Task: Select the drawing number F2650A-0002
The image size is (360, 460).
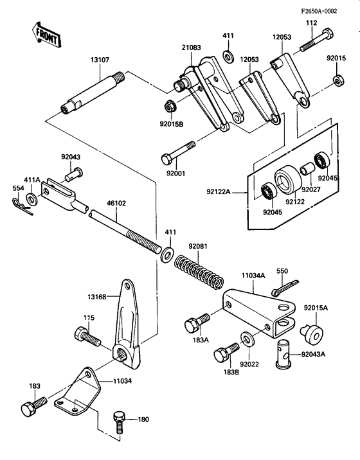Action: (x=326, y=11)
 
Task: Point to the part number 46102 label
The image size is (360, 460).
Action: (x=117, y=202)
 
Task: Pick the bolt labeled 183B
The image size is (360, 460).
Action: (x=224, y=353)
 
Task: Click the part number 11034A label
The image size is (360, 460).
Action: (x=253, y=274)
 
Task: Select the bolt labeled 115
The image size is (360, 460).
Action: (x=86, y=336)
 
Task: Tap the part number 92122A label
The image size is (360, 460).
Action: (x=219, y=190)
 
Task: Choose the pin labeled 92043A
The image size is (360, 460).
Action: (x=283, y=353)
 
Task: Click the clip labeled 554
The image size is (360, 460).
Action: (x=21, y=204)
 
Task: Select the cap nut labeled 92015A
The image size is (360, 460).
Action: (x=314, y=333)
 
